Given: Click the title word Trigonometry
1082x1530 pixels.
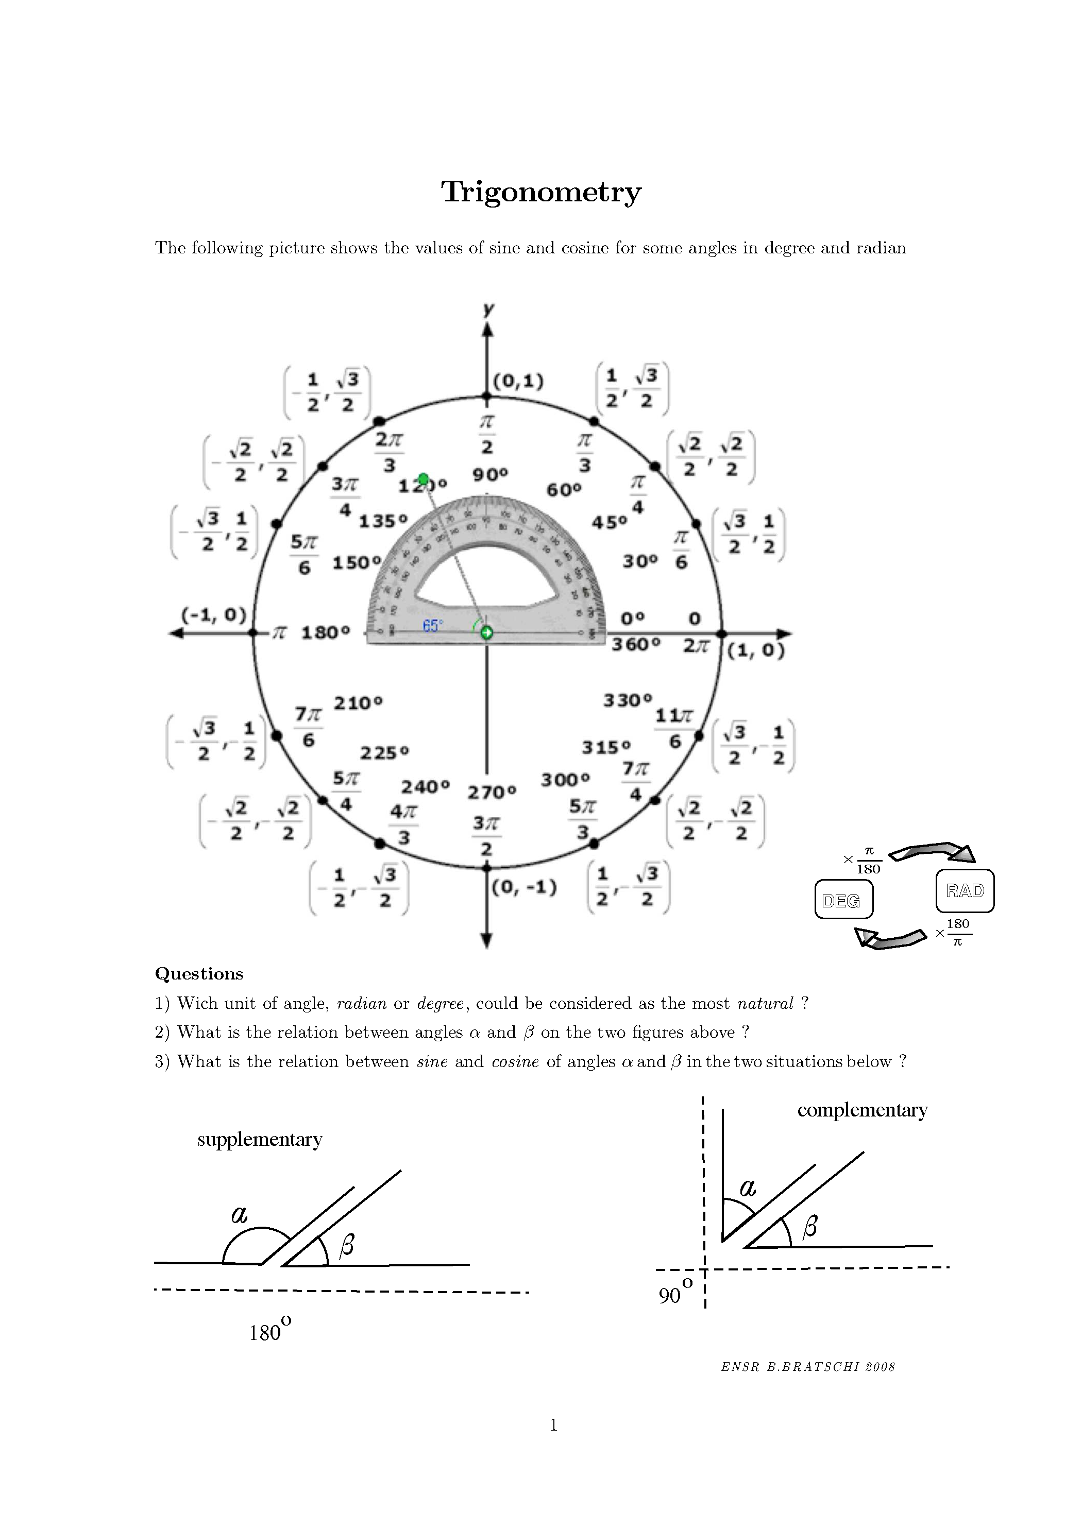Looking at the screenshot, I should click(x=540, y=193).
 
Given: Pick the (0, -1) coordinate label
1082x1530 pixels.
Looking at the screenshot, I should click(x=524, y=888).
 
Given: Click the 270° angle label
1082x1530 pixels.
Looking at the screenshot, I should click(x=492, y=793).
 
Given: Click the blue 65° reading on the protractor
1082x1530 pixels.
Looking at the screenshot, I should click(x=432, y=626).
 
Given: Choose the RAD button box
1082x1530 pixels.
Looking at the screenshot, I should click(x=965, y=891).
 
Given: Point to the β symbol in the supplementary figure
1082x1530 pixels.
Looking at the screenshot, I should click(x=346, y=1245).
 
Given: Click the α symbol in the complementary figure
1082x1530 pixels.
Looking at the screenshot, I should click(x=748, y=1187).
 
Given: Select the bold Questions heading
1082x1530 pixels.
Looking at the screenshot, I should click(x=199, y=974).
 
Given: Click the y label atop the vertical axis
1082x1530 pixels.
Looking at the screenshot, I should click(x=488, y=308).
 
